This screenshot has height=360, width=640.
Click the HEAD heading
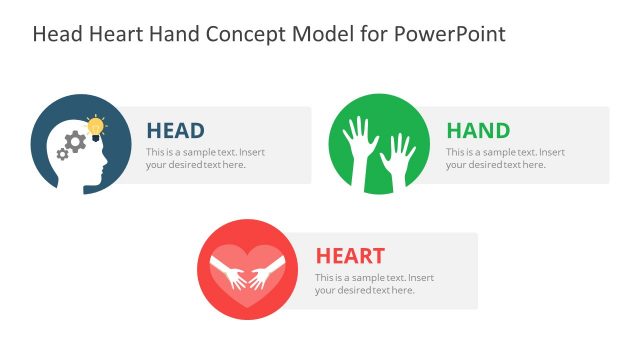click(x=175, y=131)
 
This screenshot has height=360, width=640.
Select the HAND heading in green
click(x=477, y=131)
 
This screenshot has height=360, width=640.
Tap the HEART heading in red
click(x=350, y=256)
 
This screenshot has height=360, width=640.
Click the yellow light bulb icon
click(x=96, y=127)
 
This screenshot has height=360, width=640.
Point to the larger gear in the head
click(x=75, y=142)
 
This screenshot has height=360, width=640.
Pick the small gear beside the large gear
click(x=63, y=154)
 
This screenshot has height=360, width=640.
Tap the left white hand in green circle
click(x=356, y=140)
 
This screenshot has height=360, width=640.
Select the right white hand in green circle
click(x=397, y=155)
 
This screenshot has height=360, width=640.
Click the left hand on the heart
click(x=230, y=274)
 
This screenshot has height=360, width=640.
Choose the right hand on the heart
click(x=265, y=274)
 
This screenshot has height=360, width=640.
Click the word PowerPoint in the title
click(x=455, y=34)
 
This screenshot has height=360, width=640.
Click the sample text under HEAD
click(x=205, y=158)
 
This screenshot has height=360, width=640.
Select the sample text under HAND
click(x=505, y=158)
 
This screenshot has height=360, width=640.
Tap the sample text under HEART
click(x=374, y=283)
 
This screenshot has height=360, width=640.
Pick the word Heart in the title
click(x=113, y=34)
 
